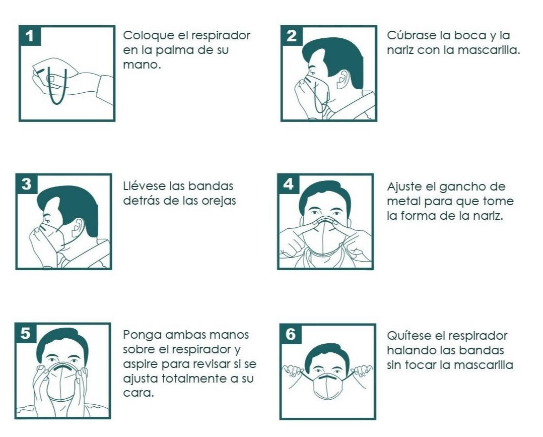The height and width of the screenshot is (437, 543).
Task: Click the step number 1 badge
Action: click(x=30, y=36)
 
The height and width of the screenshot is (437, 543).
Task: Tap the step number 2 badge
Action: click(x=292, y=36)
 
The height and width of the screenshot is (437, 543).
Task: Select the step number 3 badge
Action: click(x=27, y=184)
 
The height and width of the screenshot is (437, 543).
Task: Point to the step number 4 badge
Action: click(x=288, y=184)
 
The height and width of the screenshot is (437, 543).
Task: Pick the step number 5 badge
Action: click(x=26, y=333)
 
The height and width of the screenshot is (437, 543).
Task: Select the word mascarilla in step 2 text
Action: click(x=489, y=50)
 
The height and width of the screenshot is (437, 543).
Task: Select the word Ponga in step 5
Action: click(x=143, y=336)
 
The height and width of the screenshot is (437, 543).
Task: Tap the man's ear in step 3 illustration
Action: click(x=78, y=227)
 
